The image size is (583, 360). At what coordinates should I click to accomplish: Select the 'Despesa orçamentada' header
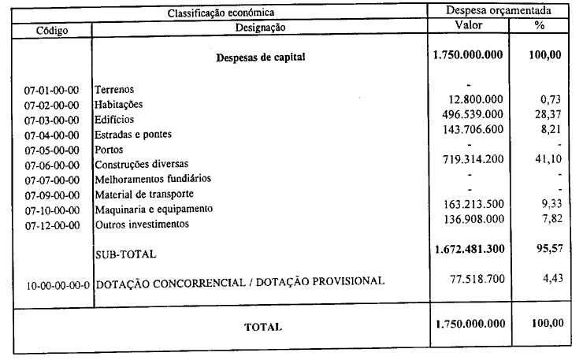coord(498,11)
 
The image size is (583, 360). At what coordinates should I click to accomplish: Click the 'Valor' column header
coord(469,25)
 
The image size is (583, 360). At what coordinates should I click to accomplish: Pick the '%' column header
coord(540,25)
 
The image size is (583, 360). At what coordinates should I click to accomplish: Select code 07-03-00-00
coord(52,121)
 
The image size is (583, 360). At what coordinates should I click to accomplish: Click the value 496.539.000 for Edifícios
coord(472,115)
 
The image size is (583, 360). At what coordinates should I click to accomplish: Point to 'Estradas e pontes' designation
coord(133,135)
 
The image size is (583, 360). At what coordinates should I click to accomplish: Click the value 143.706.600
coord(472,130)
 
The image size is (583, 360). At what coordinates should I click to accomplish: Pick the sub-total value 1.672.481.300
coord(469,251)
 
